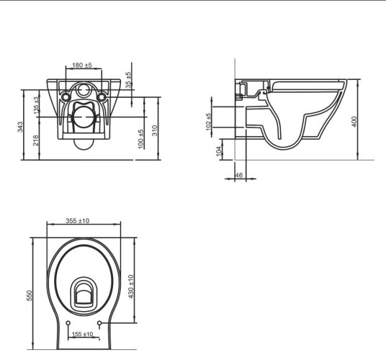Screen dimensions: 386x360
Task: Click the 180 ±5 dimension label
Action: (82, 66)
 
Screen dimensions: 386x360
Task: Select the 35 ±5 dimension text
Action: (128, 80)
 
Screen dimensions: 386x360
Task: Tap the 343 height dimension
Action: (20, 127)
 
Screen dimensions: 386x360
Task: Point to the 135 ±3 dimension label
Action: (36, 106)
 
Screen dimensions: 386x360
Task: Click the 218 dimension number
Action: (36, 140)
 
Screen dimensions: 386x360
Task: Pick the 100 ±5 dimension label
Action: (141, 139)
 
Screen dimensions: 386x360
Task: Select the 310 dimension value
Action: (155, 130)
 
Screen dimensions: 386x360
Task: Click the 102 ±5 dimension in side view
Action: (208, 122)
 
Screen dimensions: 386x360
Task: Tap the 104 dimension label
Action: (219, 151)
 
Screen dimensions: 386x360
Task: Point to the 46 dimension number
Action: (239, 175)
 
